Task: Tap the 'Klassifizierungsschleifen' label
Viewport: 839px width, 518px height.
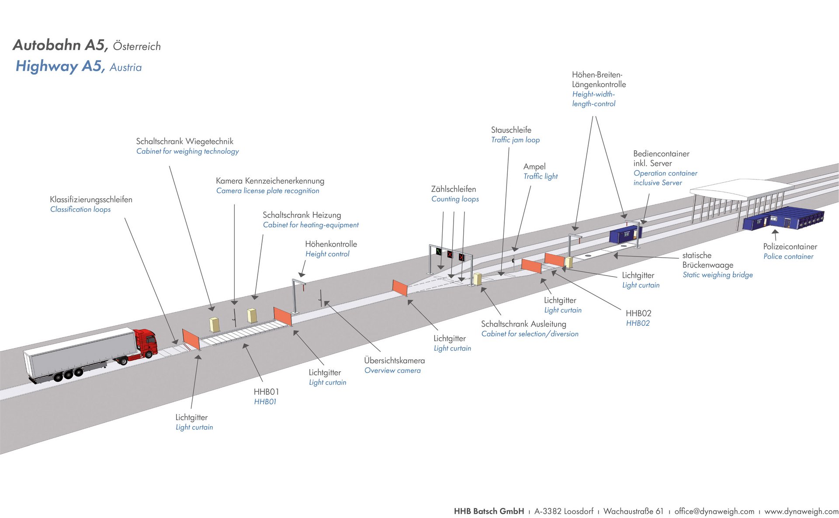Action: click(91, 200)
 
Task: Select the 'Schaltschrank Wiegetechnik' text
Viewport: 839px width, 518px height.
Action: click(184, 142)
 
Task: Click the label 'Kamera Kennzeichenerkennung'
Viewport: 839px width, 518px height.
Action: click(270, 181)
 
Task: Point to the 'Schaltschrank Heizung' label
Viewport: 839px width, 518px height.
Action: click(302, 215)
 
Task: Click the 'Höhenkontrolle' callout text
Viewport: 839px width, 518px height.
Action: click(331, 244)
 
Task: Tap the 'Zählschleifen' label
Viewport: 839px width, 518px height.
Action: click(454, 189)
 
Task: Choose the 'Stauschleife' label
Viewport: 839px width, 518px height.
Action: click(511, 130)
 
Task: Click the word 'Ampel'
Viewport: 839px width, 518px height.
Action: click(534, 167)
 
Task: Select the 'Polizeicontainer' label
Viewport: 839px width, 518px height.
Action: click(790, 247)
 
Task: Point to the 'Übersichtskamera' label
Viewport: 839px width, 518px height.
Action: click(394, 361)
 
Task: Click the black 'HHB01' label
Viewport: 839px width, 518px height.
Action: click(266, 392)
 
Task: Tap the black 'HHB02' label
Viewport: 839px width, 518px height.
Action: click(638, 313)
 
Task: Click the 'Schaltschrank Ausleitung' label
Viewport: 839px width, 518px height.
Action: click(524, 324)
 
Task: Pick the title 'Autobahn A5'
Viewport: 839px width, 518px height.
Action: click(60, 45)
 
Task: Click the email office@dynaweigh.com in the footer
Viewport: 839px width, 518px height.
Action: click(714, 511)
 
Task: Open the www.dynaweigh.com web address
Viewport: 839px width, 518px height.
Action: click(801, 511)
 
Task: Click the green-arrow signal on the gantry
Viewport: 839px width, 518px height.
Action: click(439, 251)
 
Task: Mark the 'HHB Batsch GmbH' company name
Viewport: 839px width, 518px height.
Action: click(489, 511)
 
